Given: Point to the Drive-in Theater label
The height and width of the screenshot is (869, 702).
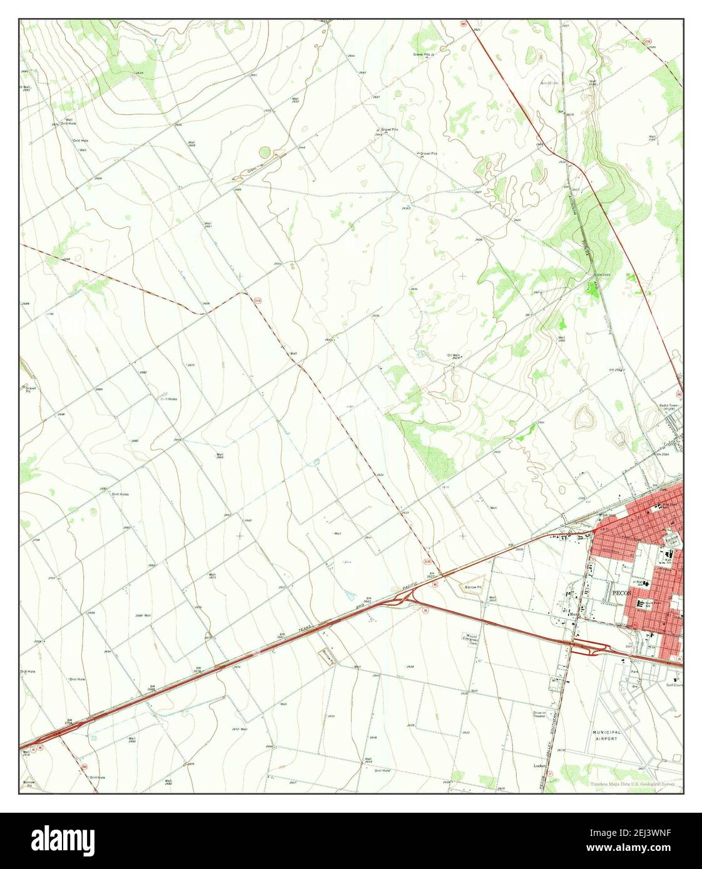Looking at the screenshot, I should [x=539, y=714].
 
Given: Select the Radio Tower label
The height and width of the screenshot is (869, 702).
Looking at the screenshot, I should [x=668, y=406].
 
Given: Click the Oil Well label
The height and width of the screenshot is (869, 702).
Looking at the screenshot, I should [x=454, y=356].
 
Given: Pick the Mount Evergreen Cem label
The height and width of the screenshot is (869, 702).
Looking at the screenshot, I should [x=471, y=638].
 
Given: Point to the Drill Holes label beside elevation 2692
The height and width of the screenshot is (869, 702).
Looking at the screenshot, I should [x=120, y=494].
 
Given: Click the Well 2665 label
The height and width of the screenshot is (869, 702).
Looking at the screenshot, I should [x=220, y=456].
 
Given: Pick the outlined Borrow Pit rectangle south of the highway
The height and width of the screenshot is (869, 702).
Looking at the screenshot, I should [x=329, y=655].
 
